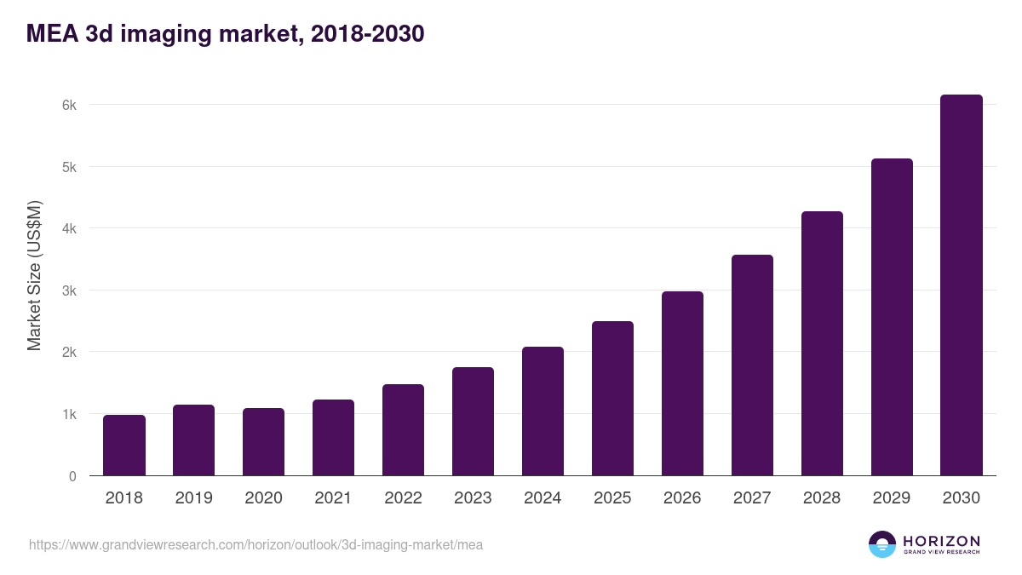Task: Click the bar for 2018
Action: pos(124,446)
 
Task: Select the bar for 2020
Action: pos(264,442)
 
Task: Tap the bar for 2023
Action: pos(474,422)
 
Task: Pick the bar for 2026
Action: pos(683,383)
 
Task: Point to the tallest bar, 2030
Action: pos(962,285)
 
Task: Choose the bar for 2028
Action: pos(822,343)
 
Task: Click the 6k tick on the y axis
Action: pos(68,106)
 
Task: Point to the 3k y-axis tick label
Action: pos(68,290)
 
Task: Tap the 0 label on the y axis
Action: pos(72,476)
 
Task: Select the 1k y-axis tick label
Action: pos(68,414)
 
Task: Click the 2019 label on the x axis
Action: pos(194,498)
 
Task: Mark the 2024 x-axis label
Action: pos(543,498)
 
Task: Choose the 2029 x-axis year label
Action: pos(892,498)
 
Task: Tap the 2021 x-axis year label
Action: pos(333,498)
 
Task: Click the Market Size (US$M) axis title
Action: pos(34,275)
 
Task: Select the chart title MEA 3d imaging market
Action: pos(226,34)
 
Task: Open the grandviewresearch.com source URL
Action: pos(255,544)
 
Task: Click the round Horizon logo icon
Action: pos(882,544)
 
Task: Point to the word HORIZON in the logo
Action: pos(941,540)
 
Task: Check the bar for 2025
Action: pos(613,399)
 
